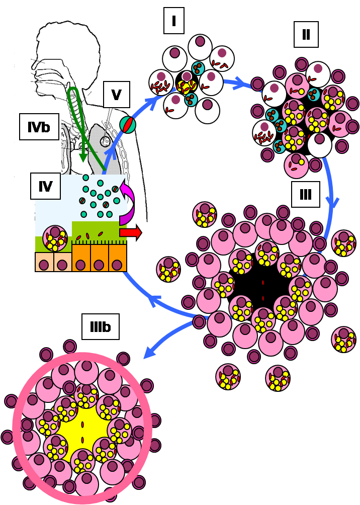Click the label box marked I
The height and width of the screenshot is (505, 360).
tap(174, 22)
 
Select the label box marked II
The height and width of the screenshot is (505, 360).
tap(306, 34)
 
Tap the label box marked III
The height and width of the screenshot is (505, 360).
tap(306, 195)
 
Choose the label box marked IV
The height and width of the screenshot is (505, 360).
tap(45, 187)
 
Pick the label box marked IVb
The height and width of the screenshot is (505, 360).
tap(39, 127)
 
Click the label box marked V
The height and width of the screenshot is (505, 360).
tap(117, 95)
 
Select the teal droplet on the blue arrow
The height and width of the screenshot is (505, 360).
tap(128, 124)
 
